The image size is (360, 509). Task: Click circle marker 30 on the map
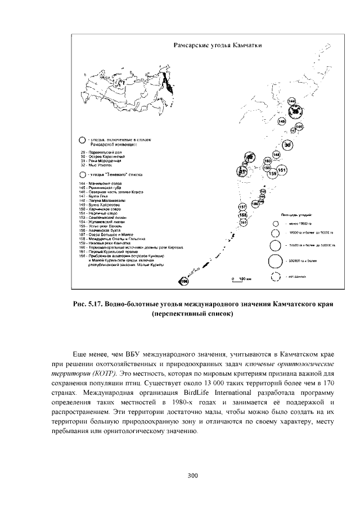pos(287,145)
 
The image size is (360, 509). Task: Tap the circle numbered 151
pos(282,170)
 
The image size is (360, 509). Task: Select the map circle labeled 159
pos(272,174)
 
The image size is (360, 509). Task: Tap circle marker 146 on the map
pos(299,127)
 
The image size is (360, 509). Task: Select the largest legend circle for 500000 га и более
pos(275,261)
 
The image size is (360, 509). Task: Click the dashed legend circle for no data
pos(275,277)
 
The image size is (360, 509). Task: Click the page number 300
pos(193,476)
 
